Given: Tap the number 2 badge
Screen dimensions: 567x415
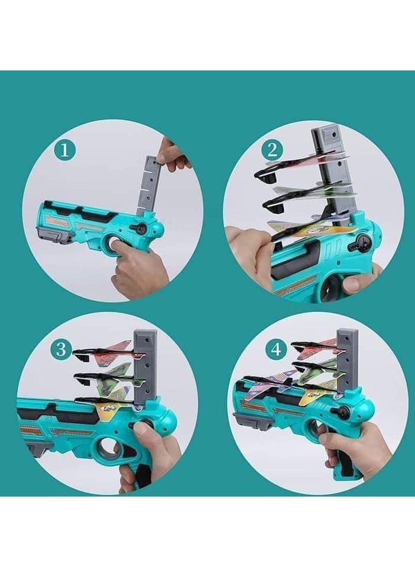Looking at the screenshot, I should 272,150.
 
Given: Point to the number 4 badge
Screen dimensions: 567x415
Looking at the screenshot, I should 275,350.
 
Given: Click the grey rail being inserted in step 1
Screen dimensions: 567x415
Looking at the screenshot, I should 148,184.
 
